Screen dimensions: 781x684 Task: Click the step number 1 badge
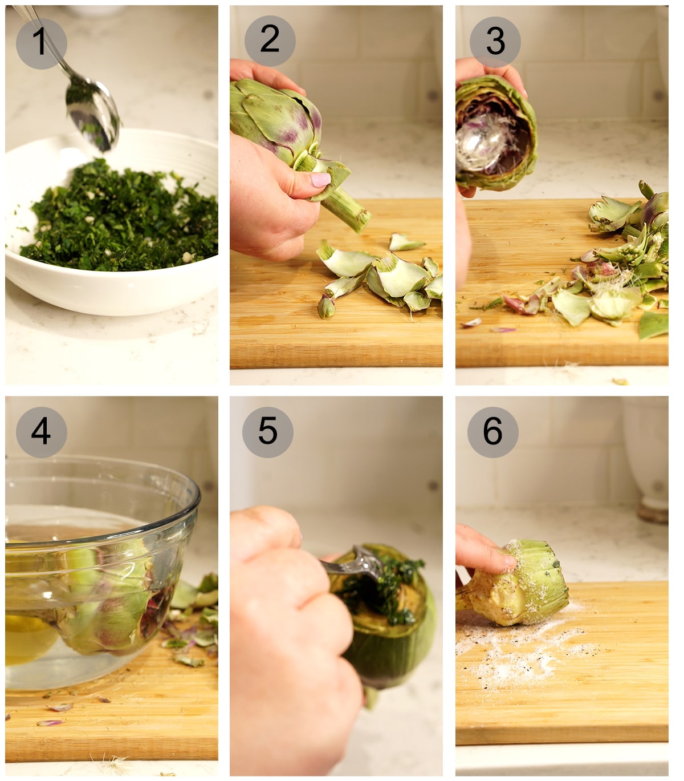point(41,43)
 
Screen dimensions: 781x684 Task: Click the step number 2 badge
point(270,41)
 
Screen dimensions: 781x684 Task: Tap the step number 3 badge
point(495,42)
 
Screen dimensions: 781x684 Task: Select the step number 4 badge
point(41,432)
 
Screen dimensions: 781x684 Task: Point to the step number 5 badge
point(267,432)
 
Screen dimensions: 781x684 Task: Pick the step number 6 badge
point(492,432)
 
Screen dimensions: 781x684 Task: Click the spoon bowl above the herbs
point(91,112)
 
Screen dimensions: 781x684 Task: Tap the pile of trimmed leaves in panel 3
point(616,274)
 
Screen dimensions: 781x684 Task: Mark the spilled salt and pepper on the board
point(524,650)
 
